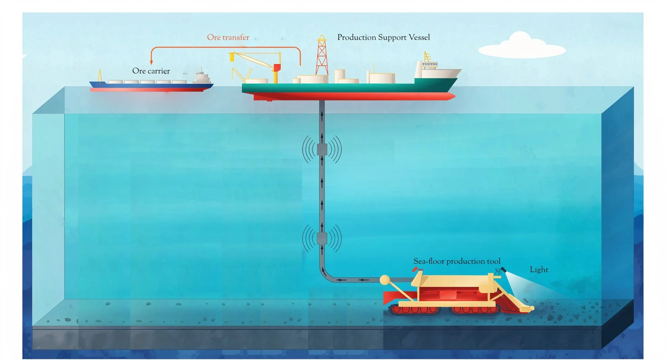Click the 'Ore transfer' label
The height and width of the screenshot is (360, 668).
[228, 37]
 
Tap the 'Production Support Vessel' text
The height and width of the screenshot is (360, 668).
[383, 37]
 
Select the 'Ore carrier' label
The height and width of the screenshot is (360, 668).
[151, 71]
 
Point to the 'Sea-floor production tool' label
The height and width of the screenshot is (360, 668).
[457, 261]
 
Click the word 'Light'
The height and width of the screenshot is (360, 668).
[539, 270]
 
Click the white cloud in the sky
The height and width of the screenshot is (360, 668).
[521, 46]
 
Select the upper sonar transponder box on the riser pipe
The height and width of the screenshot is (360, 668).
[322, 149]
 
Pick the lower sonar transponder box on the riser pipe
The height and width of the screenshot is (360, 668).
[322, 238]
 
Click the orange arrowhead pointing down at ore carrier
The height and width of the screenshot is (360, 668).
[152, 62]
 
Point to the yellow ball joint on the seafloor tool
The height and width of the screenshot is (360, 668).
[385, 280]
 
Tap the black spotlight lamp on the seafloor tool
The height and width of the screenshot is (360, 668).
[503, 269]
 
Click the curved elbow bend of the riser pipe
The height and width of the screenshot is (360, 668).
[325, 274]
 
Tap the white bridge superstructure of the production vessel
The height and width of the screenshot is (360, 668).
[428, 69]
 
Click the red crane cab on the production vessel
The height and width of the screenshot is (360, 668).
[277, 68]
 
